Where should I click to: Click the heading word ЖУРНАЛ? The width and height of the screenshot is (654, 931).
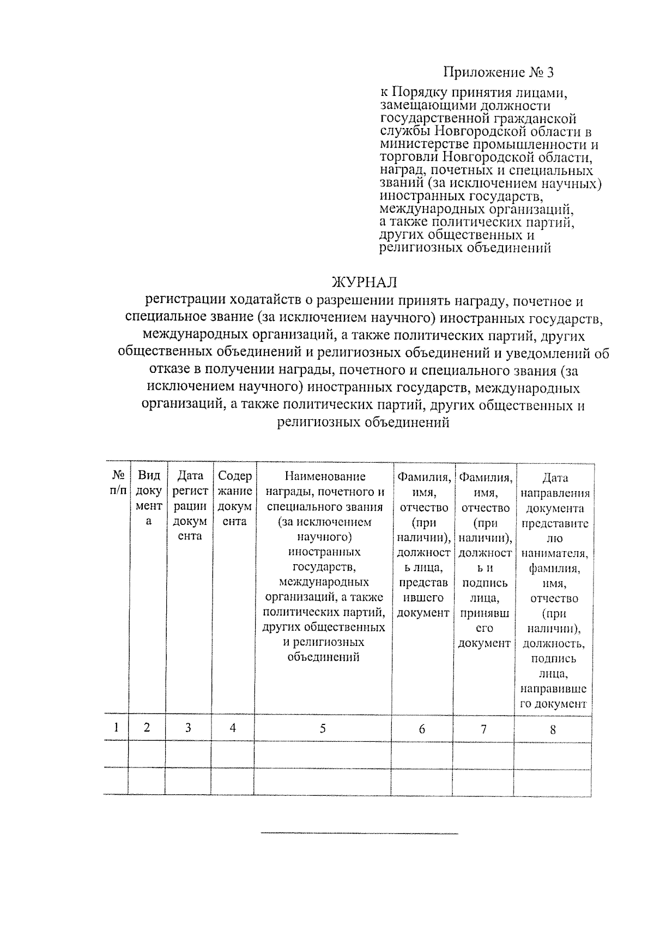(x=364, y=282)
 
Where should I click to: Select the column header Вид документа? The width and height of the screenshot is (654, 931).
(x=148, y=498)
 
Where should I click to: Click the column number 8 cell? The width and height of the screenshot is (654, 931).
(x=553, y=729)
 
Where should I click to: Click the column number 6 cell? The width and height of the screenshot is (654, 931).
(x=422, y=728)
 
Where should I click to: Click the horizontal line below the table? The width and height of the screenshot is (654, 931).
(x=360, y=833)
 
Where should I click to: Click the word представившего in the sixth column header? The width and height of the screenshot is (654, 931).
(x=423, y=590)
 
